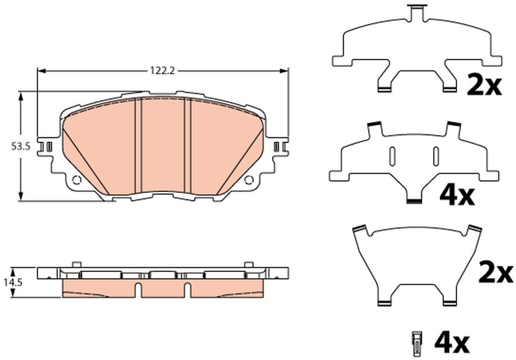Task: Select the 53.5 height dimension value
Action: pos(21,146)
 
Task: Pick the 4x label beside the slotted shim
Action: pos(458,196)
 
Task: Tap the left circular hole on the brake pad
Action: pos(76,180)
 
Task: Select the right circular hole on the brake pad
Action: pos(249,180)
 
